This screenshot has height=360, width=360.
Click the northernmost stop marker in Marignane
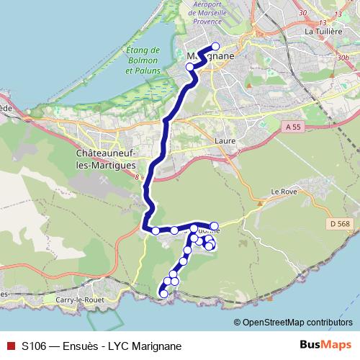click(215, 46)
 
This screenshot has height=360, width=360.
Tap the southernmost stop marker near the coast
click(163, 293)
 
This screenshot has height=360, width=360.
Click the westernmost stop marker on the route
click(155, 230)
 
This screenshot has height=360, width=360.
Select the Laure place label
click(226, 142)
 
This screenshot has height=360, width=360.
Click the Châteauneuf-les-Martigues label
click(106, 160)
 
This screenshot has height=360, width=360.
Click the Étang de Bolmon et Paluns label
click(142, 61)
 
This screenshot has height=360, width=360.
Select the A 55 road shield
click(292, 127)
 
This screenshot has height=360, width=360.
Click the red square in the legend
click(9, 346)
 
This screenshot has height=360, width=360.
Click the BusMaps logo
click(325, 346)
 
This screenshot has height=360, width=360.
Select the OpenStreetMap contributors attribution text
click(297, 322)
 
